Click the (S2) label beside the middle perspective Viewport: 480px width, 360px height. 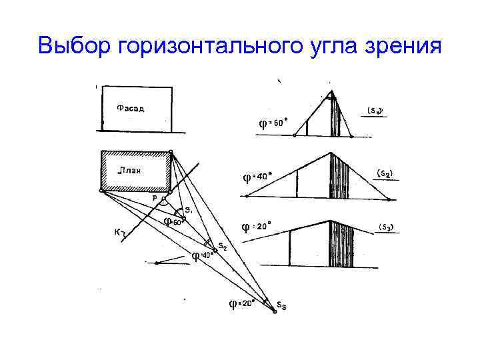385,173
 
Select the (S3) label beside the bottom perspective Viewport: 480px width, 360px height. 386,227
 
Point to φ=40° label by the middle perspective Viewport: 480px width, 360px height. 257,177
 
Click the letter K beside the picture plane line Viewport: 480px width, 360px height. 117,233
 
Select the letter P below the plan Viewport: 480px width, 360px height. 155,198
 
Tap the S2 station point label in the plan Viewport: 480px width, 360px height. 223,247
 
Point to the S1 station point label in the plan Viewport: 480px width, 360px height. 189,210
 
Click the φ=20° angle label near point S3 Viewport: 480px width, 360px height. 242,303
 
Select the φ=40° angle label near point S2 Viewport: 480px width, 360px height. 201,255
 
